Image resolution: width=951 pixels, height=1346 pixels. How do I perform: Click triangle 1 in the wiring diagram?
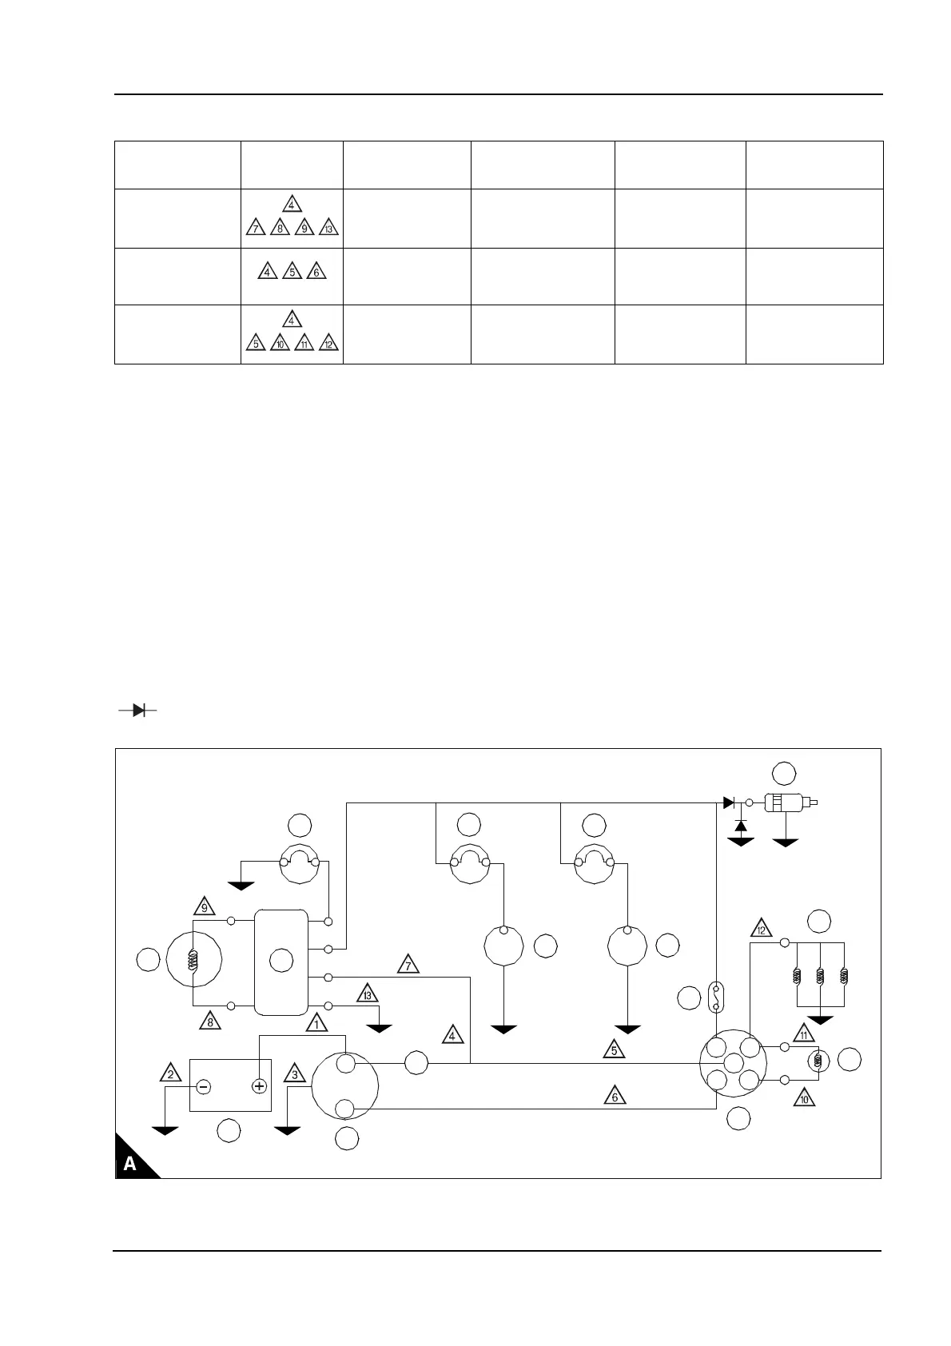click(316, 1023)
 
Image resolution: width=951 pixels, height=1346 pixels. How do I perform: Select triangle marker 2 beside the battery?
click(170, 1073)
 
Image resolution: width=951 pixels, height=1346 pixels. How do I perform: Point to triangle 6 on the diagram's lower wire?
click(615, 1097)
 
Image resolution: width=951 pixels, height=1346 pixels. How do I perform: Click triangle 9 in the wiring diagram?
click(205, 907)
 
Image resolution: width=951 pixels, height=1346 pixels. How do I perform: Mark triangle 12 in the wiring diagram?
click(761, 930)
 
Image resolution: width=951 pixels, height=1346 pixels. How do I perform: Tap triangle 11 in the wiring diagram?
click(803, 1033)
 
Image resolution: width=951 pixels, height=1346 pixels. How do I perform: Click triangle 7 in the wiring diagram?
click(408, 966)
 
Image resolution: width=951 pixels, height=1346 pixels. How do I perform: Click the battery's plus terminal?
click(259, 1085)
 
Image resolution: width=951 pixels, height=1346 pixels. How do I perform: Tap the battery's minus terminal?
click(204, 1085)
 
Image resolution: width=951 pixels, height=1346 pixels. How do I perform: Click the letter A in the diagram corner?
click(129, 1165)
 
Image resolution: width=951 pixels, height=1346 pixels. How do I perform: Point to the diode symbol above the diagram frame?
click(137, 709)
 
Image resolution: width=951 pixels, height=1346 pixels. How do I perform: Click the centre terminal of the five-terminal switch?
click(733, 1062)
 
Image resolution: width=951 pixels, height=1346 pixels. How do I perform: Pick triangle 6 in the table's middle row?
click(316, 273)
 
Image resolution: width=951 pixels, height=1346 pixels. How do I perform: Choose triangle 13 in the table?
click(328, 229)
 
